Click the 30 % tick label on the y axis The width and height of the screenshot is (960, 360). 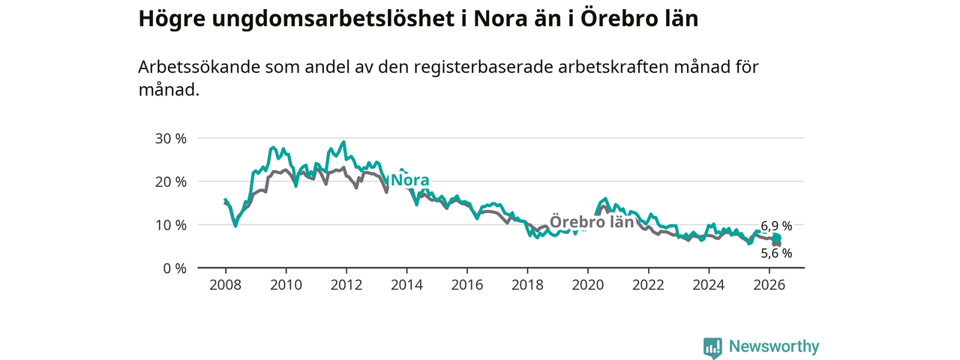tap(170, 139)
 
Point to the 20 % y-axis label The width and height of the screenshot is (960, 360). tap(170, 181)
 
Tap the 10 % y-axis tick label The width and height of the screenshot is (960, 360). tap(170, 225)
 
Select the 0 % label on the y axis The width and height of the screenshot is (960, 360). tap(175, 268)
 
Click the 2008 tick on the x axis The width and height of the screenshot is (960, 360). tap(226, 285)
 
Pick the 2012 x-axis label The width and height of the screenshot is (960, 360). tap(346, 285)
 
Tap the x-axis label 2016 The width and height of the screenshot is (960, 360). tap(467, 285)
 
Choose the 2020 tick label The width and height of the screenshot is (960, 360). tap(588, 285)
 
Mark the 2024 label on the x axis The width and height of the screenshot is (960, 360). tap(709, 285)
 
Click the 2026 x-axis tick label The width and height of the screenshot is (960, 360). tap(769, 285)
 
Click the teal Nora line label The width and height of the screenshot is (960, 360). tap(410, 180)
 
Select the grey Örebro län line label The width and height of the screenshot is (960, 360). tap(592, 221)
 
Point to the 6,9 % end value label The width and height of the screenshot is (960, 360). tap(776, 226)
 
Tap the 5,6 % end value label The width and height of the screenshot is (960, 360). tap(776, 253)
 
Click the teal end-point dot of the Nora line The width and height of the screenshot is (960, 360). tap(776, 238)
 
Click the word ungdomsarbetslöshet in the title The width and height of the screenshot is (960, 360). tap(333, 19)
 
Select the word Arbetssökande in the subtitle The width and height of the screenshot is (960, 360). tap(199, 67)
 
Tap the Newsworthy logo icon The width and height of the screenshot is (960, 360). tap(712, 346)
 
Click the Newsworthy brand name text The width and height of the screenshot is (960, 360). tap(774, 346)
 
